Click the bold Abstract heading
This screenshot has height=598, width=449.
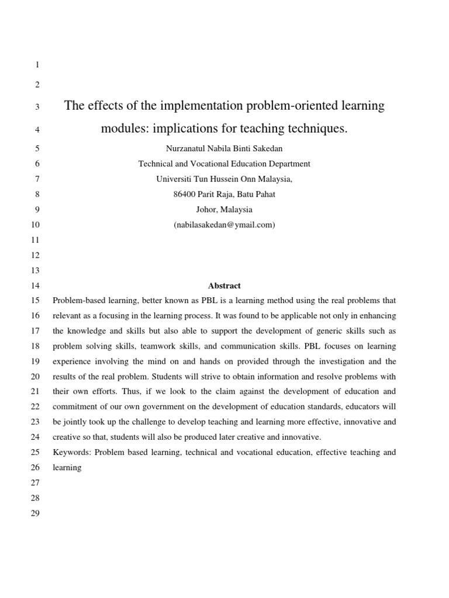224,286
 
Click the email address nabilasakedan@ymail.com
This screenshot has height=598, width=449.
224,225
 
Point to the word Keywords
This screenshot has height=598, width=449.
71,452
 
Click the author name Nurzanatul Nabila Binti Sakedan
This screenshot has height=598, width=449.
224,149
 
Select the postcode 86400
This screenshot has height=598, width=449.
186,194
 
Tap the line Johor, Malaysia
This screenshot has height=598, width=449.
224,210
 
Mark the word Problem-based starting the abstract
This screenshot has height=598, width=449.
77,301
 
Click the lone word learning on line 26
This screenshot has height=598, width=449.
67,467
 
